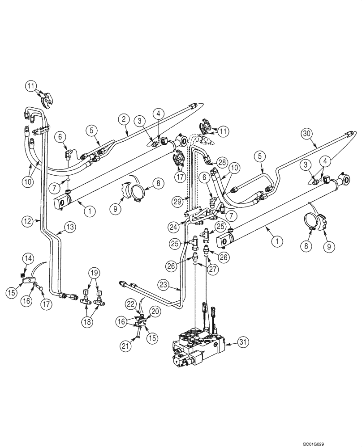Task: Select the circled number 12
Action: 28,220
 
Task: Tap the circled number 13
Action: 69,228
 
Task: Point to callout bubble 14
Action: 28,257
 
